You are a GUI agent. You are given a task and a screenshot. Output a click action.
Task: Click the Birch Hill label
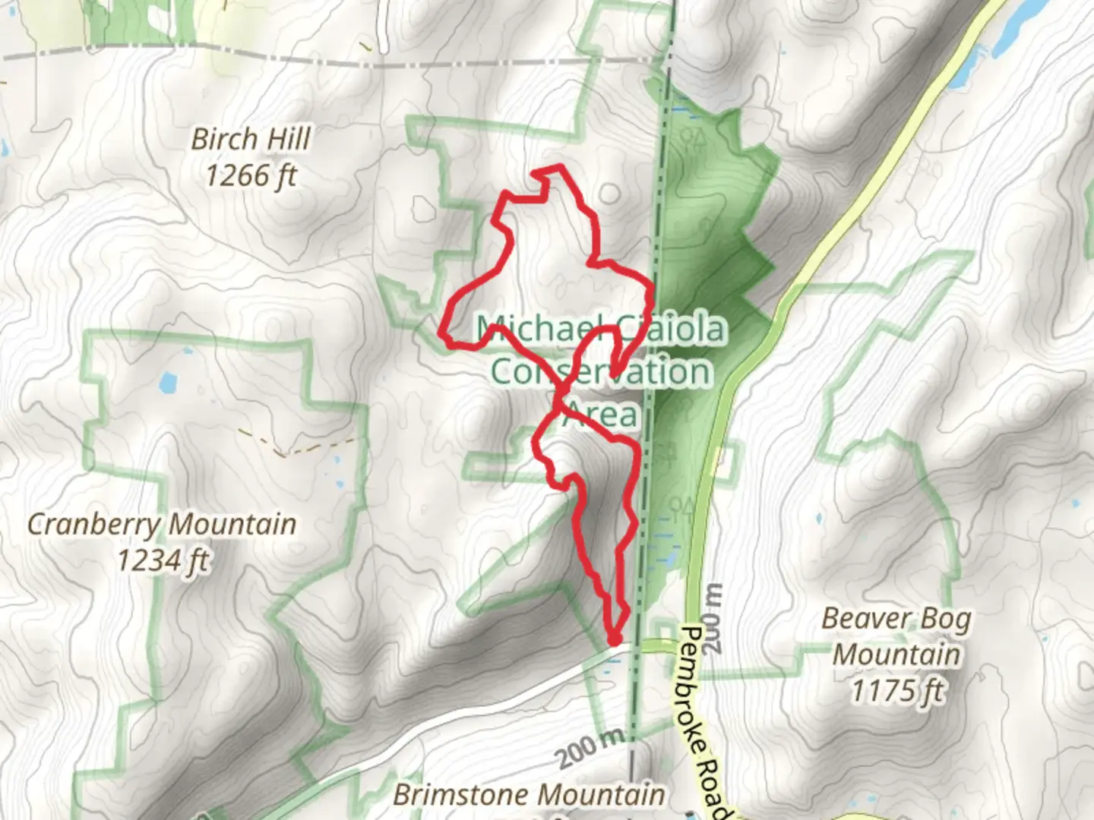tap(251, 140)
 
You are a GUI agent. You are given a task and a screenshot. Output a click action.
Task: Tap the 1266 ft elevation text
tap(251, 176)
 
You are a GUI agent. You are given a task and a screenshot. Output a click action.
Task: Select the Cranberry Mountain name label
tap(162, 524)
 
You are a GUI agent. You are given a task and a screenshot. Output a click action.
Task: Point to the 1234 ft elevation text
tap(163, 560)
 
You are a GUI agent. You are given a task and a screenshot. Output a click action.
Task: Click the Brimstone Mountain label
tap(529, 795)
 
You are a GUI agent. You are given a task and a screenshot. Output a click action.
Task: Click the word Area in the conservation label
tap(602, 415)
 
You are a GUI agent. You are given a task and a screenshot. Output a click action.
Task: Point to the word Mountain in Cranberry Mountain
tap(231, 524)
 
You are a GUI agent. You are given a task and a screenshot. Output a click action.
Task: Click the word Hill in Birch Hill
tap(287, 140)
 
